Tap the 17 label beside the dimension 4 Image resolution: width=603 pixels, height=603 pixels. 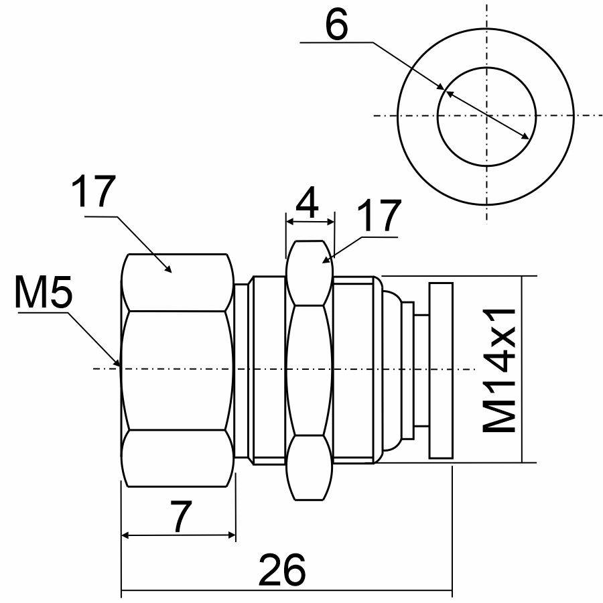pos(378,216)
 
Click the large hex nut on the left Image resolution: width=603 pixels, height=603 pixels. pos(178,369)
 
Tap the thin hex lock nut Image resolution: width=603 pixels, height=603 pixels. pos(310,369)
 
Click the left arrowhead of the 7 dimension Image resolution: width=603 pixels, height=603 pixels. pos(125,535)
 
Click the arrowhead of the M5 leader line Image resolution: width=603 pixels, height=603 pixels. pos(119,364)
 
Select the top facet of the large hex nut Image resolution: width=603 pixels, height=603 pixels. pos(178,281)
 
